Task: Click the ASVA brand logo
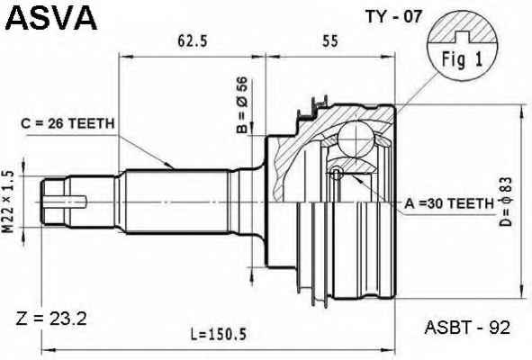pyautogui.click(x=51, y=18)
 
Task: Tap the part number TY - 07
pyautogui.click(x=392, y=16)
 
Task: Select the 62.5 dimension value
pyautogui.click(x=193, y=41)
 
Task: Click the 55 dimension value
pyautogui.click(x=330, y=41)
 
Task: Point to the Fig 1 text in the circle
pyautogui.click(x=462, y=59)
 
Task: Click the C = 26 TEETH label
pyautogui.click(x=68, y=124)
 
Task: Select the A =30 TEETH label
pyautogui.click(x=449, y=203)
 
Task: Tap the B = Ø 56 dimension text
pyautogui.click(x=242, y=104)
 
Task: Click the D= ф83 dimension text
pyautogui.click(x=506, y=202)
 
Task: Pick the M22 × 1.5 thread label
pyautogui.click(x=8, y=202)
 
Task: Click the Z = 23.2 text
pyautogui.click(x=51, y=319)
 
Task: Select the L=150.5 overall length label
pyautogui.click(x=218, y=335)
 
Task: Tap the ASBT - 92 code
pyautogui.click(x=467, y=328)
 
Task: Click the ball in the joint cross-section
pyautogui.click(x=356, y=139)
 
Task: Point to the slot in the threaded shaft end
pyautogui.click(x=65, y=202)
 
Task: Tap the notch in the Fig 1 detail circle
pyautogui.click(x=462, y=37)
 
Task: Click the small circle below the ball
pyautogui.click(x=337, y=173)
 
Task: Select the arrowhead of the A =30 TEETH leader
pyautogui.click(x=356, y=178)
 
